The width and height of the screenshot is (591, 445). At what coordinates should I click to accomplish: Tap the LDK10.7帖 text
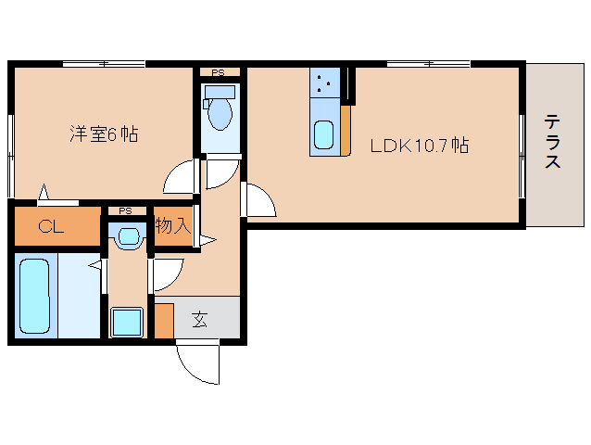pyautogui.click(x=419, y=146)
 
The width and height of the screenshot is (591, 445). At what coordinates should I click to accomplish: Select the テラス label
pyautogui.click(x=552, y=141)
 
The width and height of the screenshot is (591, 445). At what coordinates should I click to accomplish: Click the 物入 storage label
pyautogui.click(x=172, y=225)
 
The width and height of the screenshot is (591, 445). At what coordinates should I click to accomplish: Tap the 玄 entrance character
pyautogui.click(x=199, y=321)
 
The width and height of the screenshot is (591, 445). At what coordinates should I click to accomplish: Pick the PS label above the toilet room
pyautogui.click(x=219, y=72)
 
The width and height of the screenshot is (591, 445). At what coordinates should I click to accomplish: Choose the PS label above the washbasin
pyautogui.click(x=125, y=211)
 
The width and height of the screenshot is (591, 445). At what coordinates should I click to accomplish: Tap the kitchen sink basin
pyautogui.click(x=325, y=136)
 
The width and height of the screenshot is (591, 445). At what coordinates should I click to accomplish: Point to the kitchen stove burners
pyautogui.click(x=325, y=83)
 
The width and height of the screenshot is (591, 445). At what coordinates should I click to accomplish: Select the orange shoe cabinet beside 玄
pyautogui.click(x=164, y=320)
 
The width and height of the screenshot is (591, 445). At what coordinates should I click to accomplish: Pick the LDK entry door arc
pyautogui.click(x=258, y=198)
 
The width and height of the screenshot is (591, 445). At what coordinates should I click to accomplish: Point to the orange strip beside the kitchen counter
pyautogui.click(x=346, y=129)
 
